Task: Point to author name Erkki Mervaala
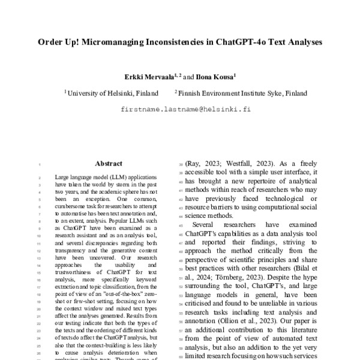pyautogui.click(x=149, y=77)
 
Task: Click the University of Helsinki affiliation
pyautogui.click(x=112, y=94)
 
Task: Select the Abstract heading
pyautogui.click(x=108, y=163)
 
